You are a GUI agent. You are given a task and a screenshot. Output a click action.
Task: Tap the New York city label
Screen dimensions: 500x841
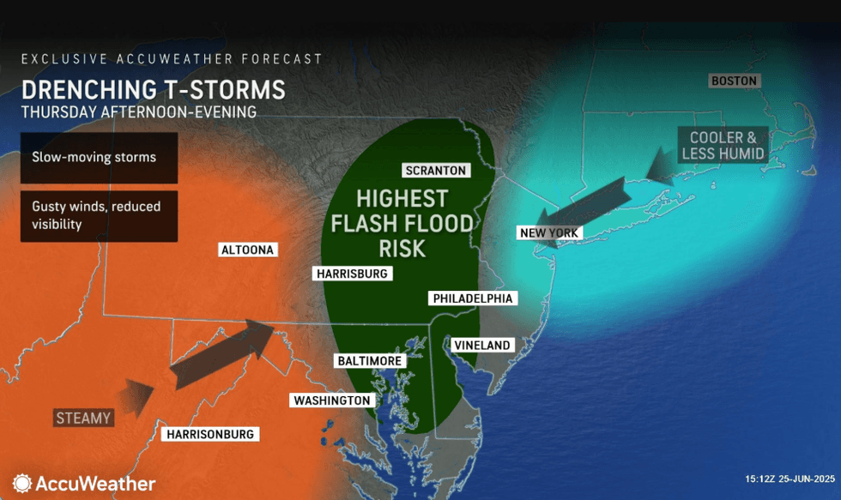point(549,232)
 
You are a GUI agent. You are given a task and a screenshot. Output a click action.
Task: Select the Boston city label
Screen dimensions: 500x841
point(735,81)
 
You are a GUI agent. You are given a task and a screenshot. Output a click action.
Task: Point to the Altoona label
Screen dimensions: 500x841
point(247,250)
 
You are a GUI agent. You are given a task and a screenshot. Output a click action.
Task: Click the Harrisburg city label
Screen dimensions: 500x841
point(353,274)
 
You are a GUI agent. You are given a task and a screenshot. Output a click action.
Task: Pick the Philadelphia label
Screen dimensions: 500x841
point(474,298)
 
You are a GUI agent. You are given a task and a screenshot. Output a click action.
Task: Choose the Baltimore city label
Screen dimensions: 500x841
point(369,361)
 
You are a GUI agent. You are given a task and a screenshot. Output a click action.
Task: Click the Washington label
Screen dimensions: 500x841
point(332,400)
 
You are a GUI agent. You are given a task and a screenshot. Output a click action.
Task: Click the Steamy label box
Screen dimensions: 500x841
point(84,418)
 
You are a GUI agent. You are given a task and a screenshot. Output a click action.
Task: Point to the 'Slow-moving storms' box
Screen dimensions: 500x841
point(99,158)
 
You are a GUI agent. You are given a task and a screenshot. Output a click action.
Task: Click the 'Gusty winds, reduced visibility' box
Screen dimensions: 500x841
point(99,214)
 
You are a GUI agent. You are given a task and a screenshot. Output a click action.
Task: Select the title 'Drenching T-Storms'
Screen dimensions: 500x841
point(154,90)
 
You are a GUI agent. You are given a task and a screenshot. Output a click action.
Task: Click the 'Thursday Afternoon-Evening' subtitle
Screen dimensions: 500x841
point(138,111)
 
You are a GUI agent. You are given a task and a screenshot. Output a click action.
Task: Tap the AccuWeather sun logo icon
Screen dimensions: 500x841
point(22,484)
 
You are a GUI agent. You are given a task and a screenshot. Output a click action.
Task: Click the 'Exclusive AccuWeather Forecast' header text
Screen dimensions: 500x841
point(172,59)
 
